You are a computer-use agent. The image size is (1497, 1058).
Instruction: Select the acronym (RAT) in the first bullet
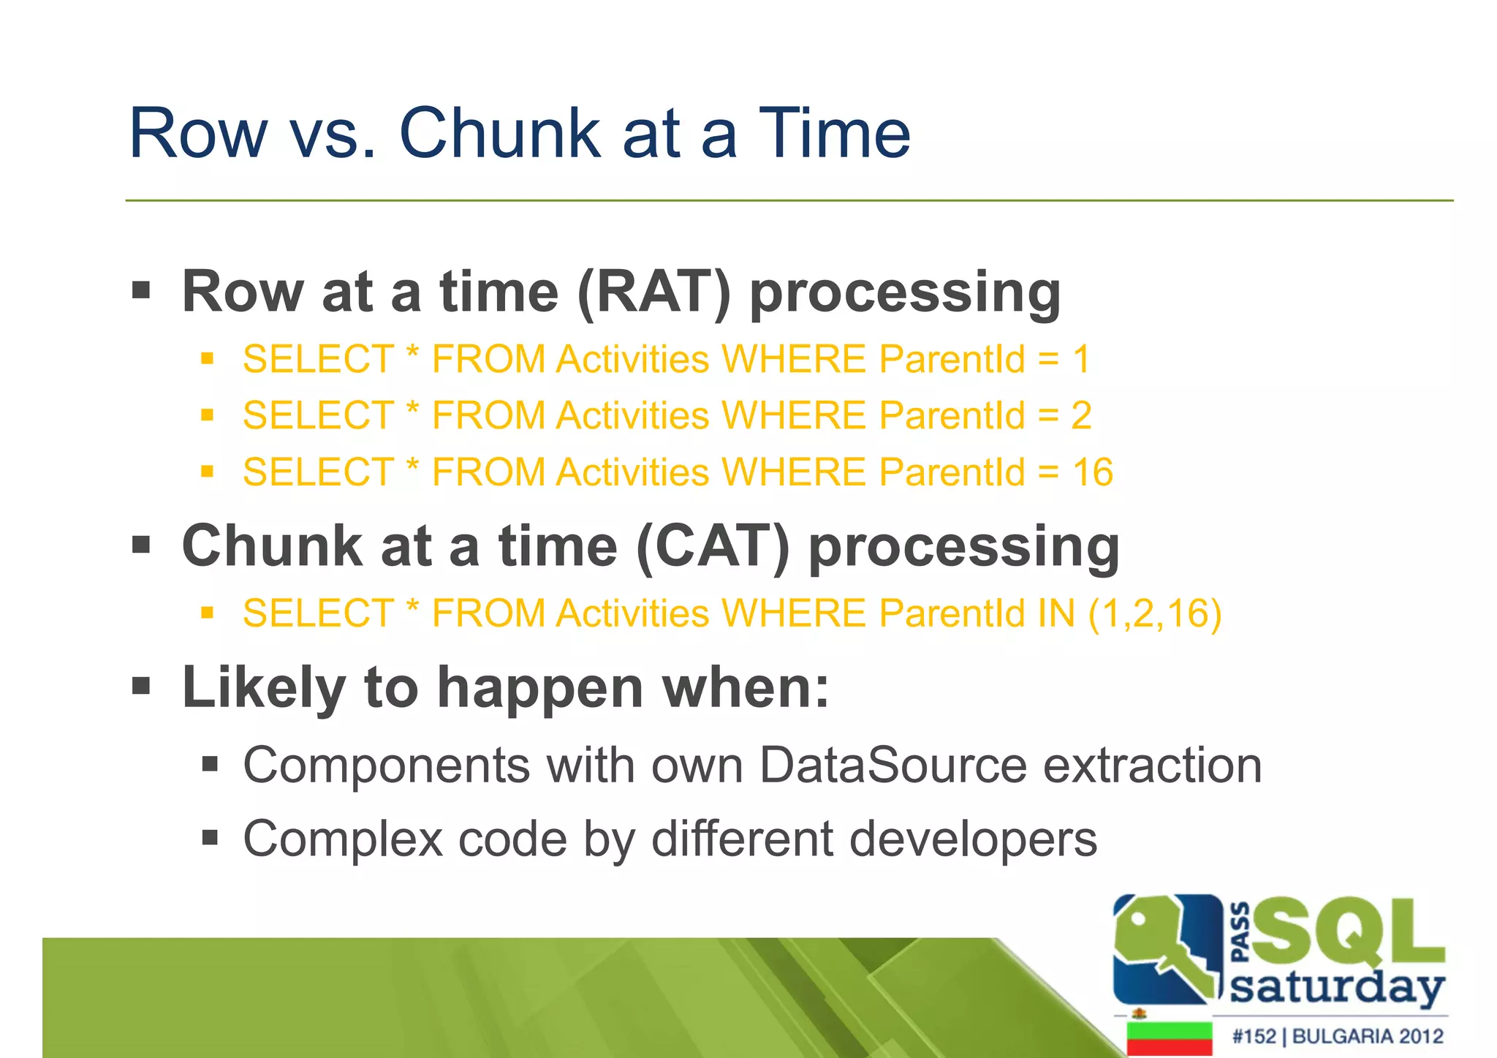click(x=653, y=292)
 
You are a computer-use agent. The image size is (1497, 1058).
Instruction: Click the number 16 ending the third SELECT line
click(x=1092, y=472)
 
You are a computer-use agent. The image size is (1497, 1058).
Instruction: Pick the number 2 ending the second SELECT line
click(x=1081, y=415)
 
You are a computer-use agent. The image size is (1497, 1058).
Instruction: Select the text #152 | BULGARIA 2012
click(x=1337, y=1036)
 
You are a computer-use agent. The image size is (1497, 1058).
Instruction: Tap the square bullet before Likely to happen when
click(x=141, y=687)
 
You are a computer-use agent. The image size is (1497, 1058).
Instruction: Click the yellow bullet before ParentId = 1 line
click(x=208, y=359)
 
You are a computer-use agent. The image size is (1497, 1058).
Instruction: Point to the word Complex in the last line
click(x=343, y=839)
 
